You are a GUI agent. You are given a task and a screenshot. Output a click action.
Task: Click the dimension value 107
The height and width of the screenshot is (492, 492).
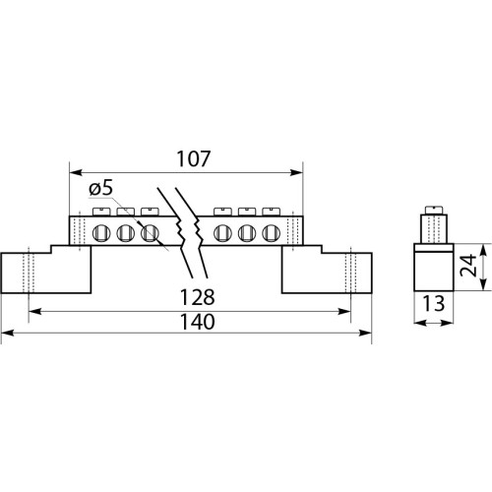pyautogui.click(x=194, y=159)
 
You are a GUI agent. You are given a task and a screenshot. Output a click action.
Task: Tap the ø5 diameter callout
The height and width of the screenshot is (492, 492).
pyautogui.click(x=101, y=189)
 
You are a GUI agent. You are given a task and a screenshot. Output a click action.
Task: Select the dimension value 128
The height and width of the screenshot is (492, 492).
pyautogui.click(x=198, y=297)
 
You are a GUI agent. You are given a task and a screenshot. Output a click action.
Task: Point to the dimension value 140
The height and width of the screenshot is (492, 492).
pyautogui.click(x=198, y=322)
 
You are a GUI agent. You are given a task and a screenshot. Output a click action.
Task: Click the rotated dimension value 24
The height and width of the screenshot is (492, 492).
pyautogui.click(x=468, y=265)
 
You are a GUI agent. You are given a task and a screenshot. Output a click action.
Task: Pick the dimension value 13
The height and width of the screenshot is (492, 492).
pyautogui.click(x=433, y=304)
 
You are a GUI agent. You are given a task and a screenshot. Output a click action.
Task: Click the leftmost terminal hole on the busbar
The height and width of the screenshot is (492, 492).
pyautogui.click(x=101, y=233)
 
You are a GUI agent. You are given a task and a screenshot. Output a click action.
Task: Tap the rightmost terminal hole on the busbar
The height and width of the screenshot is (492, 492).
pyautogui.click(x=272, y=233)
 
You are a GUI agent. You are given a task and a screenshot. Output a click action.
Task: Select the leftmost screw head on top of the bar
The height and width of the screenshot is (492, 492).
pyautogui.click(x=101, y=212)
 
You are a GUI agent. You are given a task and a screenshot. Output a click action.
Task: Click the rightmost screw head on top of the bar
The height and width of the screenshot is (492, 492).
pyautogui.click(x=272, y=212)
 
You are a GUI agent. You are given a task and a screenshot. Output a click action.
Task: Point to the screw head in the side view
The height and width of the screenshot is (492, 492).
pyautogui.click(x=434, y=210)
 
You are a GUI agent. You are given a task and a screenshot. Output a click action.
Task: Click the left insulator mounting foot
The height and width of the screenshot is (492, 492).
pyautogui.click(x=46, y=269)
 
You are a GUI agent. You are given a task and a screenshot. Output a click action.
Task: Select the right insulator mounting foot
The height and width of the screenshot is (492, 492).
pyautogui.click(x=327, y=269)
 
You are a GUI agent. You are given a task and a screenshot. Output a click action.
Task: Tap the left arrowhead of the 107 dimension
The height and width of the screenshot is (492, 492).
pyautogui.click(x=76, y=172)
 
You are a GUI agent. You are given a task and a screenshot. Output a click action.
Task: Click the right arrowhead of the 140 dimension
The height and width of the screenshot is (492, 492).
pyautogui.click(x=365, y=333)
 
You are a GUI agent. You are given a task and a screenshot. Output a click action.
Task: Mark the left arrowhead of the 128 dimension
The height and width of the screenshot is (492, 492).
pyautogui.click(x=35, y=311)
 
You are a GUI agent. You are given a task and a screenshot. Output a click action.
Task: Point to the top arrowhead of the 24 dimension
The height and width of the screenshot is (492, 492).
pyautogui.click(x=483, y=250)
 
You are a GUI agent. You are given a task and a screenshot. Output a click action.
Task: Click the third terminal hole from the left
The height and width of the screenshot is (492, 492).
pyautogui.click(x=150, y=233)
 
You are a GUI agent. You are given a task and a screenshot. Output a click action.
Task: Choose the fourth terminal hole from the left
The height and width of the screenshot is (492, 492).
pyautogui.click(x=222, y=233)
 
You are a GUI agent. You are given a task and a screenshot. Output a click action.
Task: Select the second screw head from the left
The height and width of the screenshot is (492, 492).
pyautogui.click(x=126, y=212)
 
